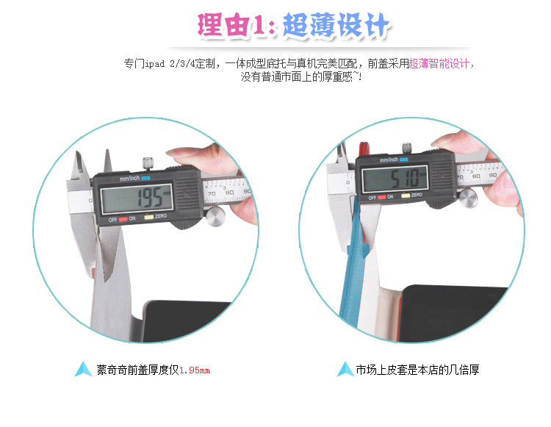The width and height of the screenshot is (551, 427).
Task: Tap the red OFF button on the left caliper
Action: [123, 219]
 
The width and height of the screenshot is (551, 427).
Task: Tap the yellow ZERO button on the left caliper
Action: [149, 217]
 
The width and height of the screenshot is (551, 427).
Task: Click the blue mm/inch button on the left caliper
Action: [146, 178]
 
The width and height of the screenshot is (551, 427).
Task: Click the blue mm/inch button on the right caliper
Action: [404, 159]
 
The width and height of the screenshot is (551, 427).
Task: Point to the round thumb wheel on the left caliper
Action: [215, 216]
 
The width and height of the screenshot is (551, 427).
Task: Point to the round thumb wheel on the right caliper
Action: [468, 198]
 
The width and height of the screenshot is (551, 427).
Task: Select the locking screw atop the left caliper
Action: [148, 163]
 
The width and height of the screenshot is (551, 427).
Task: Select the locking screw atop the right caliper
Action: [407, 148]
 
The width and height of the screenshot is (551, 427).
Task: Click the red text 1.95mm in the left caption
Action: [195, 370]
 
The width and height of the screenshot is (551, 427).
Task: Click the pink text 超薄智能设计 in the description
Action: [439, 64]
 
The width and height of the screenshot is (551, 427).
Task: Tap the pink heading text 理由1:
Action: [236, 24]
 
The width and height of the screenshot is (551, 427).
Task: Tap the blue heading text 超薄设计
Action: [336, 24]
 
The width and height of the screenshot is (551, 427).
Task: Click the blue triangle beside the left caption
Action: [83, 369]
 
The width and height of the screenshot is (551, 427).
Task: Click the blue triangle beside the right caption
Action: [345, 369]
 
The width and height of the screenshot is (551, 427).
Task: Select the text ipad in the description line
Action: [154, 64]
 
